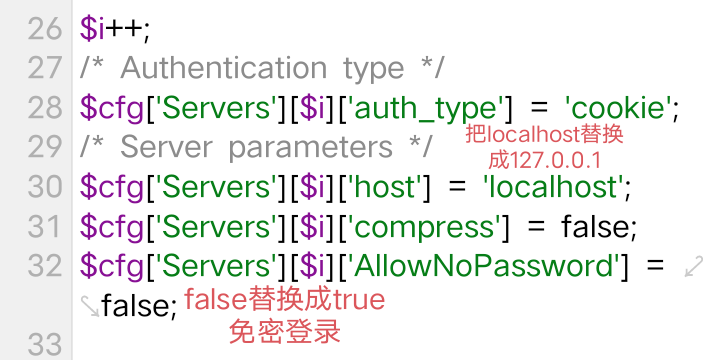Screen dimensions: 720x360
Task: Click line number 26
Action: pyautogui.click(x=45, y=29)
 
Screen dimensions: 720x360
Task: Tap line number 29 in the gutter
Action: pyautogui.click(x=45, y=147)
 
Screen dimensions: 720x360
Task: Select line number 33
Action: pyautogui.click(x=45, y=344)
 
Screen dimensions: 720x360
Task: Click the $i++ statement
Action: pyautogui.click(x=115, y=29)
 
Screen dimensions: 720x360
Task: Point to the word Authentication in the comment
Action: pyautogui.click(x=224, y=68)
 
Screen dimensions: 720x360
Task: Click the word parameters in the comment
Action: pyautogui.click(x=310, y=147)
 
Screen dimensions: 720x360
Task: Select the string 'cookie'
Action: pyautogui.click(x=618, y=107)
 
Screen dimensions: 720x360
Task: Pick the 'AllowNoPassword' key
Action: pyautogui.click(x=481, y=265)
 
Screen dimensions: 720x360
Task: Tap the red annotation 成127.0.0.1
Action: pyautogui.click(x=545, y=160)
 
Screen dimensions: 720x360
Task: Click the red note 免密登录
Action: pyautogui.click(x=285, y=332)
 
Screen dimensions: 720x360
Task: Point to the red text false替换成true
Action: pyautogui.click(x=285, y=300)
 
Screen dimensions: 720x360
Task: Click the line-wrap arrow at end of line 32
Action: pyautogui.click(x=694, y=266)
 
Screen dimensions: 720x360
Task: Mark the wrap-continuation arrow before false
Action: pyautogui.click(x=90, y=306)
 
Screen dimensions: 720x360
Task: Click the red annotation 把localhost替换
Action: pyautogui.click(x=545, y=135)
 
